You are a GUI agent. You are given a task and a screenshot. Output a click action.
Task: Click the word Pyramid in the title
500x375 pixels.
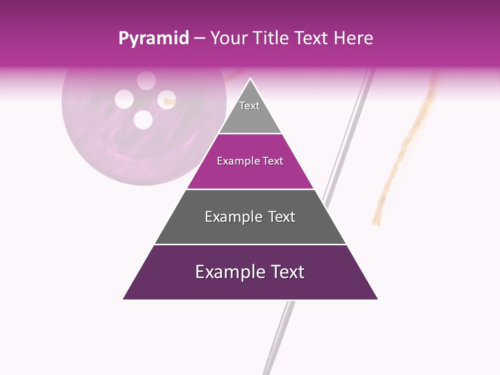[x=153, y=39]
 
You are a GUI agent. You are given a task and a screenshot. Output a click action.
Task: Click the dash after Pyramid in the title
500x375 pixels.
[x=199, y=39]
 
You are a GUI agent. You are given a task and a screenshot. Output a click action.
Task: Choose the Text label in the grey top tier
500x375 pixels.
[x=249, y=106]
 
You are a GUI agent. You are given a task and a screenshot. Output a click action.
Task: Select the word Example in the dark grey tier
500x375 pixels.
[x=231, y=217]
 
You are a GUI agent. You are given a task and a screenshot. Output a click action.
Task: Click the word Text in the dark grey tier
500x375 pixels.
[x=282, y=217]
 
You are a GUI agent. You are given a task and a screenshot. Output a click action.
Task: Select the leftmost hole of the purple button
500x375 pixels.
[x=124, y=99]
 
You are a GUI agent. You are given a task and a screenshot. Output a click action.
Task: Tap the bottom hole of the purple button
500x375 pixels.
[x=143, y=120]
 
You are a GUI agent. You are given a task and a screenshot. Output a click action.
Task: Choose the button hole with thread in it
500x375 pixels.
[x=167, y=99]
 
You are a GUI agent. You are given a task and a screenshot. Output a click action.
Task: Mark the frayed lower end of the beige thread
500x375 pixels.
[x=377, y=219]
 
